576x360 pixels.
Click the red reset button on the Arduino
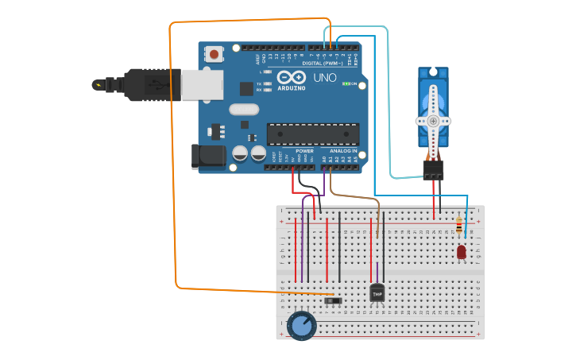(214, 54)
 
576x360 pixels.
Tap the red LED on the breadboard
(462, 252)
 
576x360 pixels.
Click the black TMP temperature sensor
(377, 293)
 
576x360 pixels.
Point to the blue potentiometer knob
(301, 325)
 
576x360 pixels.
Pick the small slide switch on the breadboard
(335, 300)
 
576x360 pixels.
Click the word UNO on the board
(325, 78)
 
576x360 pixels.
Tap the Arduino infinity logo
(292, 78)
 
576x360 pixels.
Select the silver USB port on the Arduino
(202, 84)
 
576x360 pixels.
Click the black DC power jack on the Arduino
(208, 156)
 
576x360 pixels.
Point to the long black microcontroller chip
(312, 134)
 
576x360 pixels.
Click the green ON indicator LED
(346, 83)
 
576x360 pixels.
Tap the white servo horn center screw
(433, 121)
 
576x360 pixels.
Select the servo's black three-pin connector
(433, 169)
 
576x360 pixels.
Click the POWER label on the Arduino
(304, 150)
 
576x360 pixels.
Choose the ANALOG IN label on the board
(343, 150)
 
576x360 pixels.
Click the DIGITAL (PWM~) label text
(323, 63)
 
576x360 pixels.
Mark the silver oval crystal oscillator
(244, 110)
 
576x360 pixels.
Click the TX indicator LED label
(259, 83)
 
